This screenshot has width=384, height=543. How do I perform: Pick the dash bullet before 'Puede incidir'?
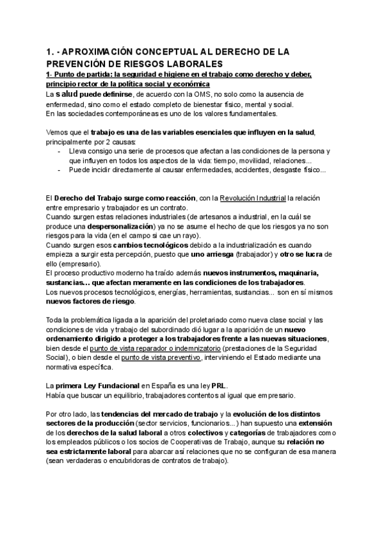click(x=61, y=170)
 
